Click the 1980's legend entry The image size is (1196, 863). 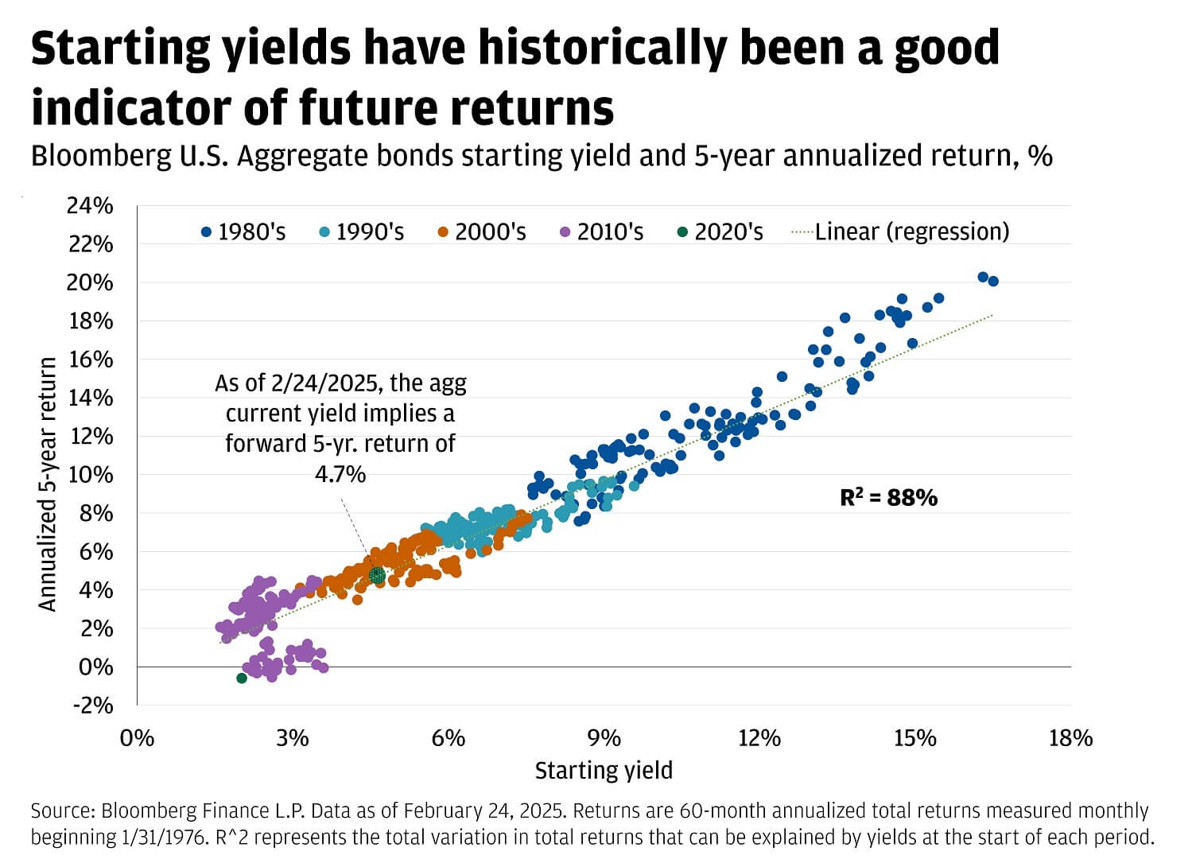point(243,232)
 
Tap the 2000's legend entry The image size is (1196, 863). point(482,232)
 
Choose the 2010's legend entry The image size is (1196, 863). point(601,232)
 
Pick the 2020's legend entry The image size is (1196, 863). point(720,232)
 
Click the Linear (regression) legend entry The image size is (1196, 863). point(901,231)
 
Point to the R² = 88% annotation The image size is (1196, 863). point(888,498)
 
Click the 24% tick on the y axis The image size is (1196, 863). point(90,206)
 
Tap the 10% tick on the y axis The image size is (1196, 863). point(90,475)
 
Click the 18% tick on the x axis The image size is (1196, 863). point(1070,739)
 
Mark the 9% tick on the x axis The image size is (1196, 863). point(604,739)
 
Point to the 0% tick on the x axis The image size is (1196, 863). point(137,739)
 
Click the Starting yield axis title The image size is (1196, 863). point(604,771)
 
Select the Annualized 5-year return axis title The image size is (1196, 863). point(49,484)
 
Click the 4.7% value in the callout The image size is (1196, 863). point(340,475)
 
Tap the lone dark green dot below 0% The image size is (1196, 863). point(242,678)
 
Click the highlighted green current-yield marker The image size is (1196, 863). point(377,575)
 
